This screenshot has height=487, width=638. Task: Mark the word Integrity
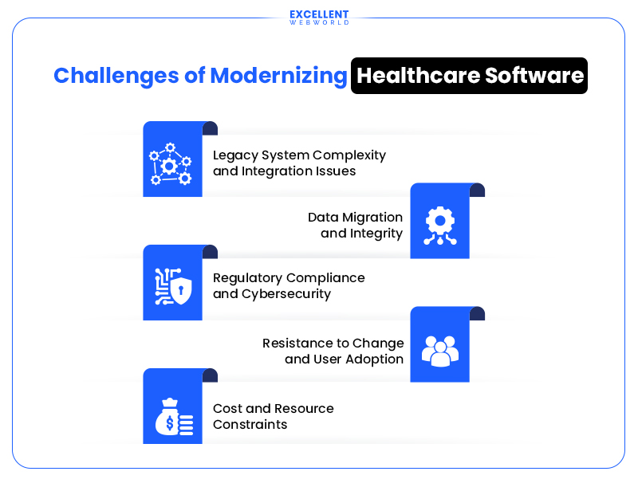click(375, 234)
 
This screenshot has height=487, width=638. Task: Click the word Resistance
click(296, 343)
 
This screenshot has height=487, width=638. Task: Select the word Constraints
click(250, 424)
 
